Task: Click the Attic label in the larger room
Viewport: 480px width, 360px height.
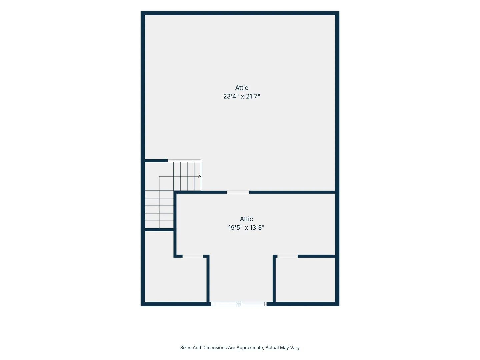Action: coord(241,88)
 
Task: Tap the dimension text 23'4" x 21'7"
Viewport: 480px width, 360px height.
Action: coord(241,96)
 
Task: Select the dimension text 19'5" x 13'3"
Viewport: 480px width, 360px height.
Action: coord(246,228)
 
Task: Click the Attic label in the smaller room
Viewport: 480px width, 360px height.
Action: coord(246,219)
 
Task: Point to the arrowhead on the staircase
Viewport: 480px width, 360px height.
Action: coord(199,176)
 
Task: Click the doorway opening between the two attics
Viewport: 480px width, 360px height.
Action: coord(238,192)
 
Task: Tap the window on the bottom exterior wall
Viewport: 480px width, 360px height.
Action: coord(239,304)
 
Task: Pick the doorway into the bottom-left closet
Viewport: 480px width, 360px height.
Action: coord(193,256)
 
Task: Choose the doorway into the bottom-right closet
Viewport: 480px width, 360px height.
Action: coord(288,256)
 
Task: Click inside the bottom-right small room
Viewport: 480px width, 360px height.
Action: coord(305,280)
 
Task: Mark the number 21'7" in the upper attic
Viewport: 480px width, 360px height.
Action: coord(253,96)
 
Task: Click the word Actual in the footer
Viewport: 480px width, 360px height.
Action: coord(272,348)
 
